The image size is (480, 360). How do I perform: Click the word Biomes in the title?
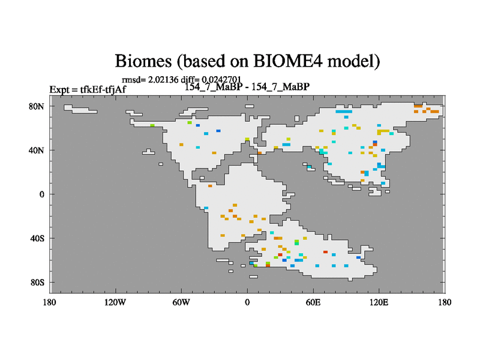143,61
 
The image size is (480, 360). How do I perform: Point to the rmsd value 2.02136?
163,80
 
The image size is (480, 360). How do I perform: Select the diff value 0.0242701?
221,80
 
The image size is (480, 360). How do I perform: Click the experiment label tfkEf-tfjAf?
103,89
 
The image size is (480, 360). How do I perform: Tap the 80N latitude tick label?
37,107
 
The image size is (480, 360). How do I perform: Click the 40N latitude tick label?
37,151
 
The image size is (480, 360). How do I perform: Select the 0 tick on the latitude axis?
41,194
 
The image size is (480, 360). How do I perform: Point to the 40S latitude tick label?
37,238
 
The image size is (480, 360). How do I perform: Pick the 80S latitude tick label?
37,283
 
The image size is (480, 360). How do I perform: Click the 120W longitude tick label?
115,303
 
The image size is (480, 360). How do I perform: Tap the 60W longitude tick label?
181,303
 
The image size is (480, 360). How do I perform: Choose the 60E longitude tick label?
313,303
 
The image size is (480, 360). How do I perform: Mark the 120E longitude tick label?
379,303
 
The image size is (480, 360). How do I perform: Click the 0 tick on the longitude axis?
247,303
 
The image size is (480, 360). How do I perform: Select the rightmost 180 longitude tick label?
445,303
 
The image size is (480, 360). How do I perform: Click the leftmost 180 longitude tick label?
50,303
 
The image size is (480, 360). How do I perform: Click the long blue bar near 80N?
344,112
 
